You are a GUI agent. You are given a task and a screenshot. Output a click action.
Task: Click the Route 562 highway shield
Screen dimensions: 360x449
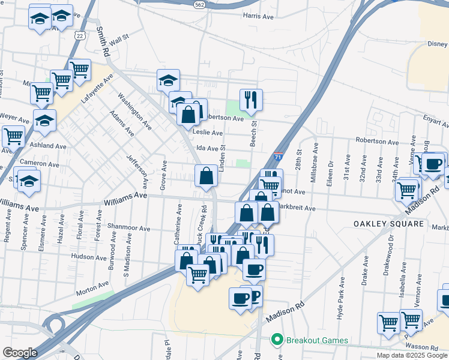[x=199, y=4]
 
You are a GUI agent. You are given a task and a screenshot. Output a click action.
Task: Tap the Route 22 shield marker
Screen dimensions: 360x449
[x=79, y=35]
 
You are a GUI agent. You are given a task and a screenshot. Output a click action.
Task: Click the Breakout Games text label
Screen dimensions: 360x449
[x=316, y=340]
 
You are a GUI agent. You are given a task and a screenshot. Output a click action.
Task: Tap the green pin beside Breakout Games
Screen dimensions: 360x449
[x=277, y=340]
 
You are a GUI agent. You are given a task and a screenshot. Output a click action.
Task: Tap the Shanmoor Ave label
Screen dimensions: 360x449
[x=128, y=229]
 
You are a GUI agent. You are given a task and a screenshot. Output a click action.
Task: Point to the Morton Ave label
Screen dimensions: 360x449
[x=91, y=293]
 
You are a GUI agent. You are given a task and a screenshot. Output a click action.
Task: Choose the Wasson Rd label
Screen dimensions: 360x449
[x=422, y=347]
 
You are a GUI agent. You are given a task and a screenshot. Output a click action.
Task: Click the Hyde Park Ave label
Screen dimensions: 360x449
[x=340, y=298]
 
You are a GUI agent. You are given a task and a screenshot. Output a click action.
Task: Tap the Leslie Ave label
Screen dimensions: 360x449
[x=208, y=133]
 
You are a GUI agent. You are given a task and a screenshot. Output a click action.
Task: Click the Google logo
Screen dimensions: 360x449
[x=20, y=353]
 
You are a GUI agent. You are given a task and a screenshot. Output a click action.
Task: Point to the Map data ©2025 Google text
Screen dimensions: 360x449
[x=411, y=355]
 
